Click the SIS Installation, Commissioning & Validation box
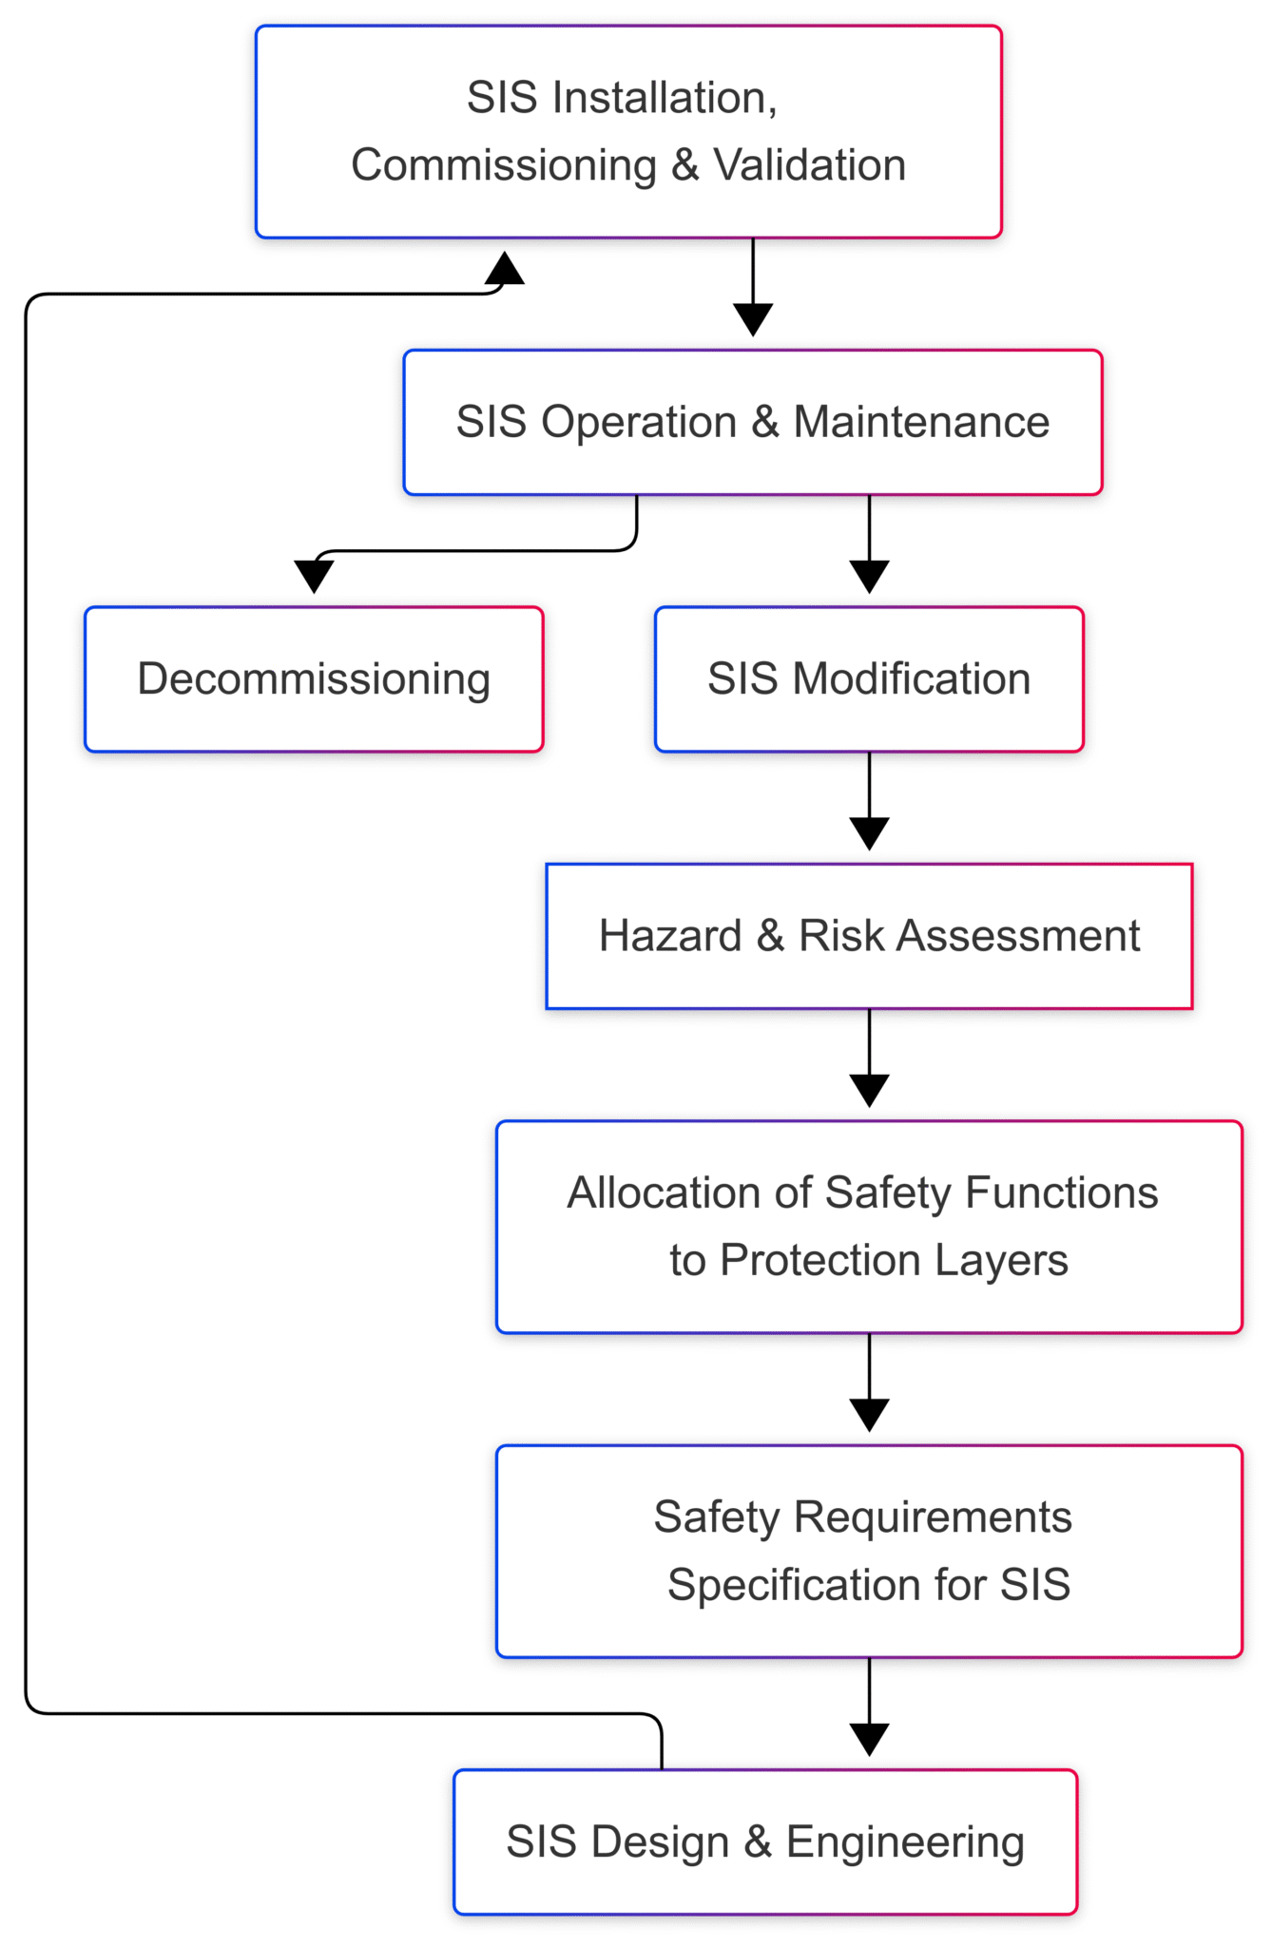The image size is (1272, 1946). click(x=628, y=131)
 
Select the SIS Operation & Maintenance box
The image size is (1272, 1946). click(x=752, y=422)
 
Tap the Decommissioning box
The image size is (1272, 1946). click(x=314, y=678)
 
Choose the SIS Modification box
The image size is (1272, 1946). click(x=868, y=678)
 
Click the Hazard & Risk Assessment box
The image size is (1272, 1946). click(x=868, y=936)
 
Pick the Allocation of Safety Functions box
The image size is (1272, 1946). click(x=868, y=1226)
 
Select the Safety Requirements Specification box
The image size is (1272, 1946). click(x=868, y=1551)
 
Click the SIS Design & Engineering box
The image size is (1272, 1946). click(x=764, y=1841)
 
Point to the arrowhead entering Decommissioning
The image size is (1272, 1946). click(x=314, y=576)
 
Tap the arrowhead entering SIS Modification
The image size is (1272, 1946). click(x=869, y=576)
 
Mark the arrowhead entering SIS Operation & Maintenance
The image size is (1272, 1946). click(x=753, y=319)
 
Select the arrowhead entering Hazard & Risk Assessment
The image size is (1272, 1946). click(x=869, y=833)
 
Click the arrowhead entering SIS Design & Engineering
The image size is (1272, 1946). click(x=869, y=1739)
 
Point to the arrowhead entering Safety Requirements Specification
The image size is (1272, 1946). click(x=869, y=1415)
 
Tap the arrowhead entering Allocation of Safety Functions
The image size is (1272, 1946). click(x=869, y=1090)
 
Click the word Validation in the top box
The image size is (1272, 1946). click(x=809, y=165)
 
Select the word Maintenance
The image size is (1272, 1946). click(x=921, y=422)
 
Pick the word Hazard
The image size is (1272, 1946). click(x=670, y=936)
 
